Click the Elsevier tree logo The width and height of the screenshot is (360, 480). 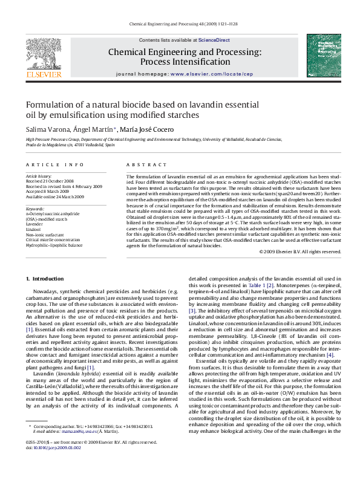[44, 56]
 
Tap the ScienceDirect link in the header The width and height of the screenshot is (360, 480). [214, 40]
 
